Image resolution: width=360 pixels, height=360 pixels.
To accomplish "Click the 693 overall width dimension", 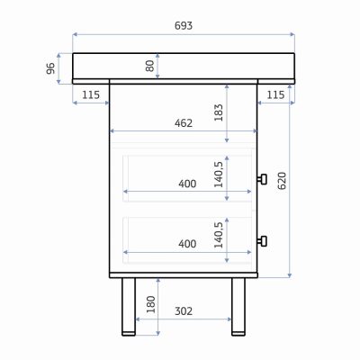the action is tap(184, 26).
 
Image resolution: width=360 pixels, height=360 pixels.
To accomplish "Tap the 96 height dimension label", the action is tap(50, 68).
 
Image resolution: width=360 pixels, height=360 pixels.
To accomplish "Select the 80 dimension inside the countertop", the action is tap(149, 66).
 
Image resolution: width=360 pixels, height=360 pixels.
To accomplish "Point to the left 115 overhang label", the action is tap(91, 95).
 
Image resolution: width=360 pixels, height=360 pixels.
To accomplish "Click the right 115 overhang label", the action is tap(275, 95).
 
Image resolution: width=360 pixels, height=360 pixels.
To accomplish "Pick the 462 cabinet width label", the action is tap(184, 123).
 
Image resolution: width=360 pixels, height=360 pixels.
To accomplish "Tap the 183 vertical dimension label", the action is tap(219, 112).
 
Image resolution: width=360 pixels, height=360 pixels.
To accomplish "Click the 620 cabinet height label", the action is tap(282, 181).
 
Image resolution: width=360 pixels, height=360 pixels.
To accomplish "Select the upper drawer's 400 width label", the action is tap(187, 184).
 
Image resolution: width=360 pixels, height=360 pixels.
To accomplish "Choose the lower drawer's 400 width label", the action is tap(187, 244).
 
